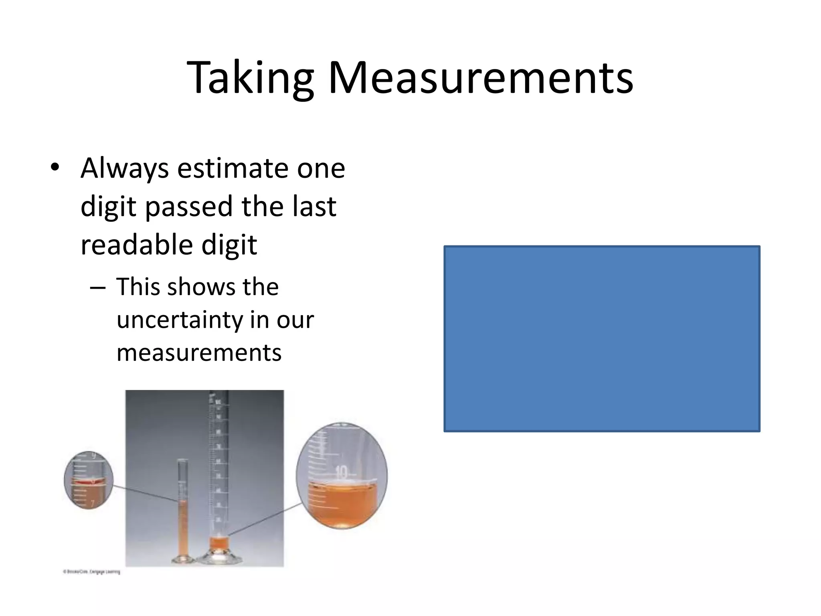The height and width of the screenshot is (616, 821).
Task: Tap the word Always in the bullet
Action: [124, 168]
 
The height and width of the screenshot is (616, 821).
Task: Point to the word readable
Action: [137, 245]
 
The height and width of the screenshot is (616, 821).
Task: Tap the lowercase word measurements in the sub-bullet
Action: [199, 353]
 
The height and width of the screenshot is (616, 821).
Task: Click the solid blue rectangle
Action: [601, 338]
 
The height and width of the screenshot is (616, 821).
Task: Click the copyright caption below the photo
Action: [91, 572]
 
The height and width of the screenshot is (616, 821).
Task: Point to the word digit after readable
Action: [229, 245]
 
